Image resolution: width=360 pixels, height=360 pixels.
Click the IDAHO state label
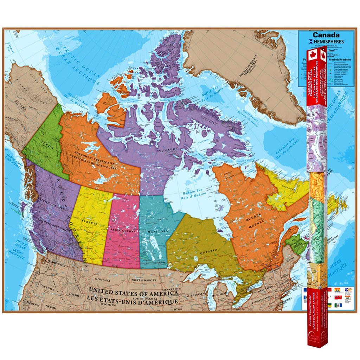(74, 295)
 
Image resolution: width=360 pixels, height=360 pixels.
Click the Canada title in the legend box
(326, 35)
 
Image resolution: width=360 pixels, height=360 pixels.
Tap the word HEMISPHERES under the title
(328, 41)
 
